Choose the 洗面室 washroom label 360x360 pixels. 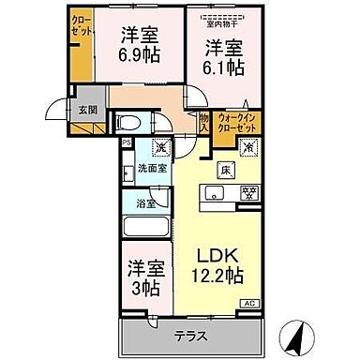tap(150, 171)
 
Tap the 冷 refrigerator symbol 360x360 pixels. tap(249, 146)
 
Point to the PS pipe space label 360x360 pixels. tap(127, 142)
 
